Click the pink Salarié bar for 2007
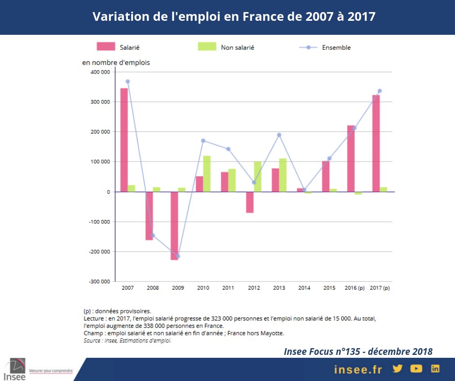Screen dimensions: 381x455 tap(124, 140)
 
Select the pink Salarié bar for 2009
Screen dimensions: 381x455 tap(174, 226)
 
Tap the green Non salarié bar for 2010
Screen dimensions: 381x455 tap(207, 174)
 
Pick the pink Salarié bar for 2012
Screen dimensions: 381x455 tap(250, 202)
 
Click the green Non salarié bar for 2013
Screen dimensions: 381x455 tap(283, 175)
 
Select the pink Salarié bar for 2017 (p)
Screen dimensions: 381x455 tap(376, 143)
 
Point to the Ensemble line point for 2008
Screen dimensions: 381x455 tap(153, 235)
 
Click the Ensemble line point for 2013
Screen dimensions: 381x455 tap(279, 135)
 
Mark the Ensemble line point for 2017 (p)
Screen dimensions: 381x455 tap(379, 91)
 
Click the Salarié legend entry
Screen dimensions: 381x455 tap(118, 47)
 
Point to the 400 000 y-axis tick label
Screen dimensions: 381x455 tap(100, 72)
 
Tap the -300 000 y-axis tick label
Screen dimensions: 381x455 tap(99, 281)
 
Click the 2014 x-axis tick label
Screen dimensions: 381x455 tap(304, 288)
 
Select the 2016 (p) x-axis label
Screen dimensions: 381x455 tap(354, 288)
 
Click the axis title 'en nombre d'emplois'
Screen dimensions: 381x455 tap(116, 62)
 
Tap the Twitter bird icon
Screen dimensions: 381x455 tap(397, 368)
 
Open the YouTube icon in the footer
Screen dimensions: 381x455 tap(416, 368)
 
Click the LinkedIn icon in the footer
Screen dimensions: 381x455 tap(435, 368)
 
